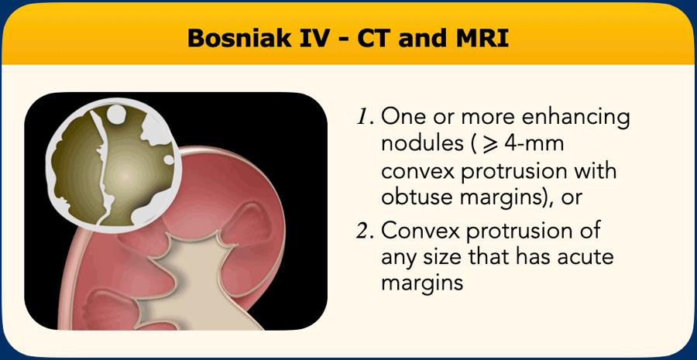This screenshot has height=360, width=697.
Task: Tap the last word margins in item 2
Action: point(422,284)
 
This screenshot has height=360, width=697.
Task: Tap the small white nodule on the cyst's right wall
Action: point(169,159)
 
